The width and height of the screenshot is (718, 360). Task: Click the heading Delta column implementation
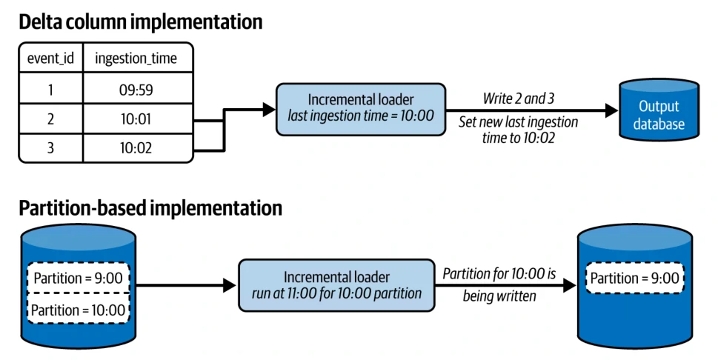[141, 22]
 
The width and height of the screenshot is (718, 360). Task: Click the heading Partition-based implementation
[150, 208]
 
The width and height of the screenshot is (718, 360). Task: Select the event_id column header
[51, 59]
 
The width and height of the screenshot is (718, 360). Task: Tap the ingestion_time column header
[136, 59]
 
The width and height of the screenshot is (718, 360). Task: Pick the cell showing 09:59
[136, 90]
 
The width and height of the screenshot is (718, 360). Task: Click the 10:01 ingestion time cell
[136, 119]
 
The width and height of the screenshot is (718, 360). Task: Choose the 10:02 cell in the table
[136, 148]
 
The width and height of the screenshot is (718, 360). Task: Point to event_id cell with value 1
[51, 90]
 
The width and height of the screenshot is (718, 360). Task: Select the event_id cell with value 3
[51, 148]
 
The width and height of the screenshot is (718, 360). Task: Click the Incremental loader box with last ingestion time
[361, 110]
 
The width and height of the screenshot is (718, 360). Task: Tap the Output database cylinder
[659, 110]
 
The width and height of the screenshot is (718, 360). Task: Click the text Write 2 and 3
[519, 99]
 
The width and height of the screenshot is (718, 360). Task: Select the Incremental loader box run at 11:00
[336, 285]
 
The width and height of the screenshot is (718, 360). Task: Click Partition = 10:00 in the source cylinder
[79, 310]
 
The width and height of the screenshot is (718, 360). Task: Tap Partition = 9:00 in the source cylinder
[79, 278]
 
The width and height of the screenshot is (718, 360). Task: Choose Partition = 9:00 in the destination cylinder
[635, 278]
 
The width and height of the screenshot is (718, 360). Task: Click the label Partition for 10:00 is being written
[499, 285]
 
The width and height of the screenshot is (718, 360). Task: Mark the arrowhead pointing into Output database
[612, 110]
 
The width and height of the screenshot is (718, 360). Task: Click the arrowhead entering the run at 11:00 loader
[230, 285]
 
